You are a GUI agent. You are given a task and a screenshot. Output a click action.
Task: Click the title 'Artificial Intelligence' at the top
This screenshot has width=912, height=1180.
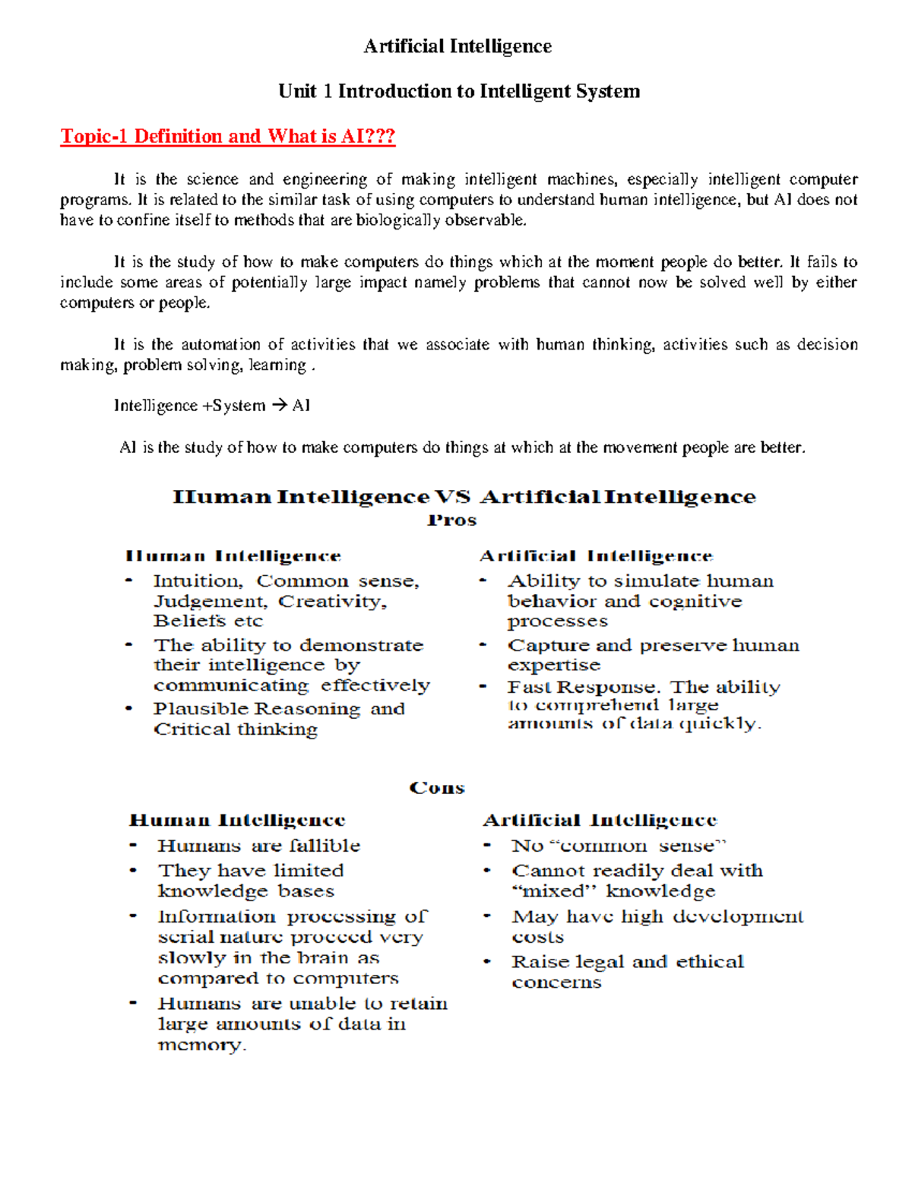458,46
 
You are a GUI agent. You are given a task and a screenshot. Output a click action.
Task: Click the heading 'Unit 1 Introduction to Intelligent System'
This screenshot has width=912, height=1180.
459,91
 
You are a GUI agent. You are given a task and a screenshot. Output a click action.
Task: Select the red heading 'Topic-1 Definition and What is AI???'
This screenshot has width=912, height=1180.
228,136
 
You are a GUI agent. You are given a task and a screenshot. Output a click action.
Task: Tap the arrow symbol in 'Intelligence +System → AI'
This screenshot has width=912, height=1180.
278,406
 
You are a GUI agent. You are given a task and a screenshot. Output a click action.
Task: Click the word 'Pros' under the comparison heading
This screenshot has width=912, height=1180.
451,520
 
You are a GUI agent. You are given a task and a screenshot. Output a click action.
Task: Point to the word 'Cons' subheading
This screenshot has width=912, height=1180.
437,788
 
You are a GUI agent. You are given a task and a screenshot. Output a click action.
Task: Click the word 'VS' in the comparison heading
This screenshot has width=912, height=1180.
452,497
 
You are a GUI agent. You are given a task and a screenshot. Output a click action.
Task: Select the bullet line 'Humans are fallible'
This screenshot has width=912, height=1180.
258,846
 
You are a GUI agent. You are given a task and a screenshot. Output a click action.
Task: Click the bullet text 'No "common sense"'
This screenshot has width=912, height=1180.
619,846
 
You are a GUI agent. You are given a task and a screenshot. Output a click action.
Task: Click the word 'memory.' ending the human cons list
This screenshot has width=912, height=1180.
202,1045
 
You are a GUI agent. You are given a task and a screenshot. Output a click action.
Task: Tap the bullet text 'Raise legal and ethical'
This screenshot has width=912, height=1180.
627,962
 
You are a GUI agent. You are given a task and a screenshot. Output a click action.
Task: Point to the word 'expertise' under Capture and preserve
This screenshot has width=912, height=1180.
553,665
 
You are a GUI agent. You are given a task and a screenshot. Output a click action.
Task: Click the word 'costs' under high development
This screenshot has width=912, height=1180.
537,937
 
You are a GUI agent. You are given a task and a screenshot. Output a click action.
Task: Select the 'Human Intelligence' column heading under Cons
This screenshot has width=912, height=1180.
237,821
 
